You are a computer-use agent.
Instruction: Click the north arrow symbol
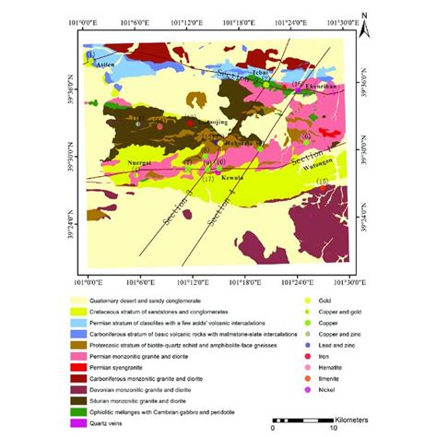point(366,28)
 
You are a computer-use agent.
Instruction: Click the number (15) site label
point(321,182)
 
